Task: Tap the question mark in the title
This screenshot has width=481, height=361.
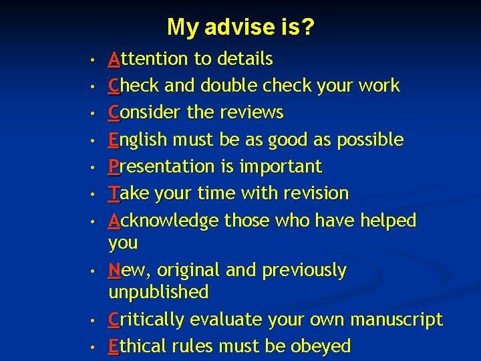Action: click(x=308, y=27)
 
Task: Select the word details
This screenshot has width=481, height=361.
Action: click(x=243, y=59)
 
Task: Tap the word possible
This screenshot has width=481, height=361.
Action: click(x=371, y=140)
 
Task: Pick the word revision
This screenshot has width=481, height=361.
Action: click(x=315, y=193)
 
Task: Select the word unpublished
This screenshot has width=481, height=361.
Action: click(x=158, y=292)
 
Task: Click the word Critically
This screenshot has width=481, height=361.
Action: click(x=147, y=320)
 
